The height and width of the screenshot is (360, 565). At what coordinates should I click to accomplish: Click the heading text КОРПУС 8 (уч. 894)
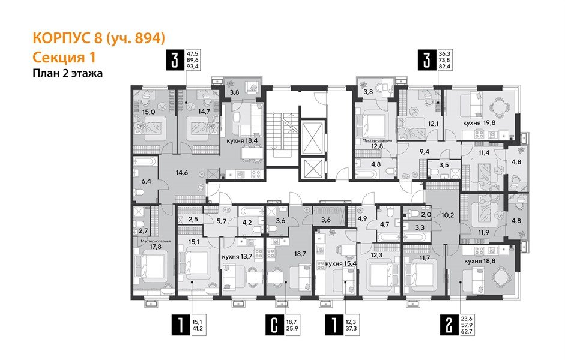point(97,38)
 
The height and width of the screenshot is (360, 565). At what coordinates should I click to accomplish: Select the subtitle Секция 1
point(64,57)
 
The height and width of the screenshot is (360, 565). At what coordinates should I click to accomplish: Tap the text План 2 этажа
point(67,73)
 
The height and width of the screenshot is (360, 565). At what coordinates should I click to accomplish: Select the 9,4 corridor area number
point(424,152)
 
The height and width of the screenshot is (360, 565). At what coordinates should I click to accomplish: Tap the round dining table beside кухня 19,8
point(500,107)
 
